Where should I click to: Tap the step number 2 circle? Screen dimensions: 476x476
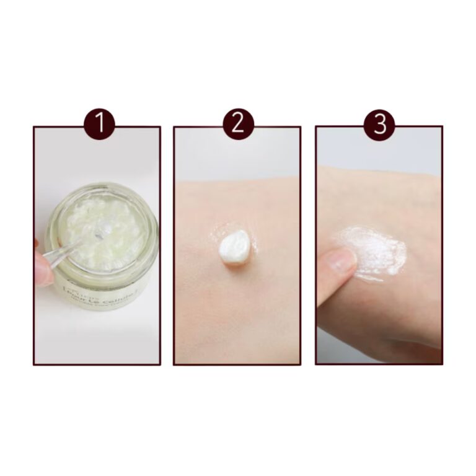238,125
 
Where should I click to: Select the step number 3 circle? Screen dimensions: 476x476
379,125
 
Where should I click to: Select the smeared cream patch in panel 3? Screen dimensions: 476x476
372,251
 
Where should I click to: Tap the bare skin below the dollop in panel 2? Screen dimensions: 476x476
238,310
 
